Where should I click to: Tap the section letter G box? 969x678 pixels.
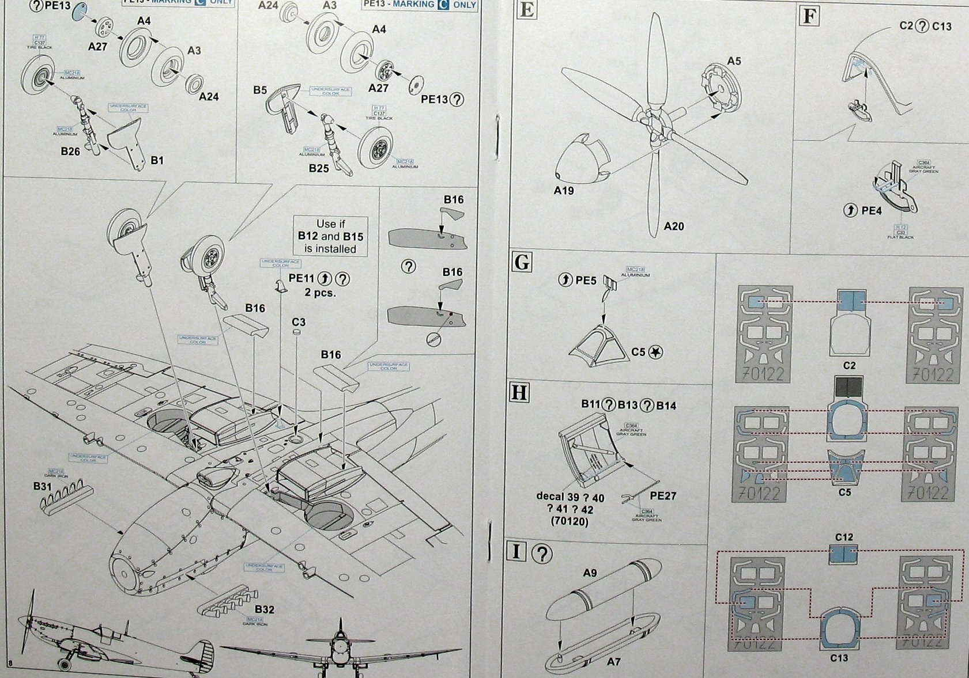click(522, 263)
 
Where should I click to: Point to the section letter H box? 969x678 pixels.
click(519, 393)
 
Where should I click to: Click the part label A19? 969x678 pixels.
click(564, 191)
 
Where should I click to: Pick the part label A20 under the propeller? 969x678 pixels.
click(673, 226)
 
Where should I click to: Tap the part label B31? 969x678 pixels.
click(43, 486)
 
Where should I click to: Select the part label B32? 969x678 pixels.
click(265, 609)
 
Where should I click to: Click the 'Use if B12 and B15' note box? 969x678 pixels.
click(330, 236)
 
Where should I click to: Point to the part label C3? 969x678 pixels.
click(298, 322)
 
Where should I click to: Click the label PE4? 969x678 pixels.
click(871, 211)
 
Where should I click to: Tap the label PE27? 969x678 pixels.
click(663, 496)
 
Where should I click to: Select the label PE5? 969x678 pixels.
click(585, 281)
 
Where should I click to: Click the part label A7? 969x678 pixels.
click(613, 662)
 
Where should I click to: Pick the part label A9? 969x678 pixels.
click(590, 573)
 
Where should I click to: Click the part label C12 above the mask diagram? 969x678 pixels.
click(843, 537)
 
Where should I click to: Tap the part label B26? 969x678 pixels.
click(70, 151)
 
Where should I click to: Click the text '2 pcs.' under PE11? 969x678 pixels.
click(320, 293)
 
